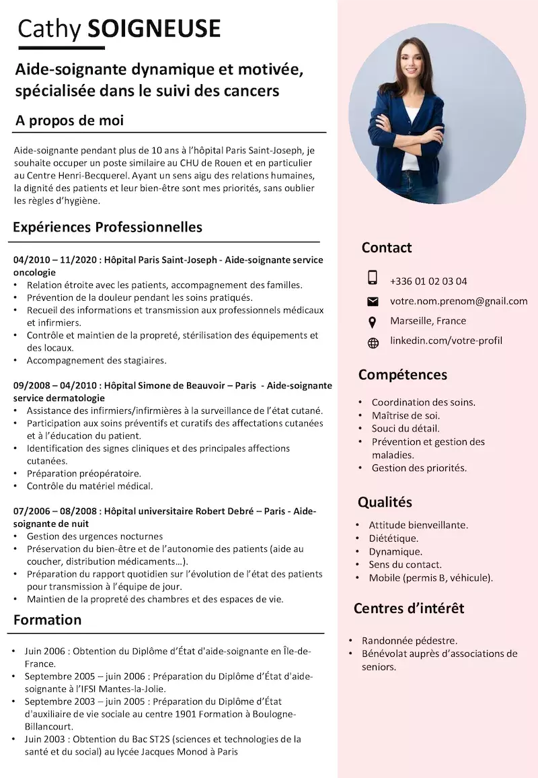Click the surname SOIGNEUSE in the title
(x=154, y=28)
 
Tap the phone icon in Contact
(x=373, y=277)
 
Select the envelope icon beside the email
(x=373, y=301)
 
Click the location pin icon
(x=373, y=322)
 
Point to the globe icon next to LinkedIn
(x=373, y=343)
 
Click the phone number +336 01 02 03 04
(x=428, y=281)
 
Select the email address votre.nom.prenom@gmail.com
(x=459, y=301)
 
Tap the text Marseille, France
(x=428, y=321)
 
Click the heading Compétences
(x=402, y=375)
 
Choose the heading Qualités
(x=385, y=502)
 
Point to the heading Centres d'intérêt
(x=409, y=608)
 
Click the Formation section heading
(x=47, y=620)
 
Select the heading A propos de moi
(x=69, y=121)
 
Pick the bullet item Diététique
(x=393, y=538)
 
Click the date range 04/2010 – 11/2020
(x=55, y=260)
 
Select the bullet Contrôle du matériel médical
(x=89, y=486)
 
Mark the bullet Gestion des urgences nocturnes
(x=95, y=536)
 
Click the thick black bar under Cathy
(x=61, y=48)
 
